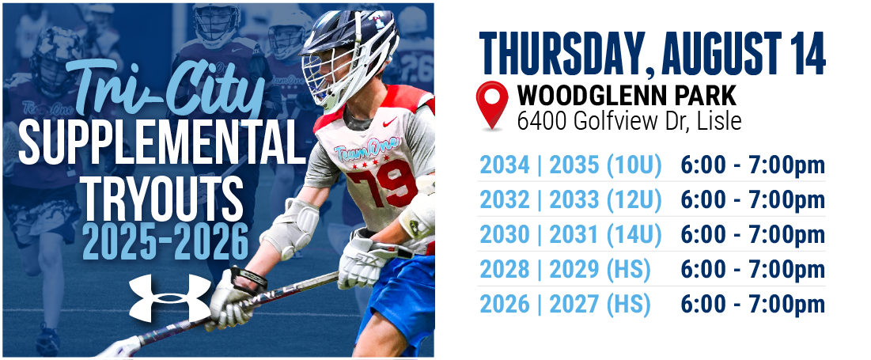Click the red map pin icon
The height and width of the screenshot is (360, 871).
[491, 104]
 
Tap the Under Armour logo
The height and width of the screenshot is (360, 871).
[170, 297]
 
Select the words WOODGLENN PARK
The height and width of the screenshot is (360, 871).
[627, 96]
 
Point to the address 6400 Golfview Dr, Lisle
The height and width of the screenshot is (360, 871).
[629, 120]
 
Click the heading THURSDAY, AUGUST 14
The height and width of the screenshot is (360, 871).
[652, 53]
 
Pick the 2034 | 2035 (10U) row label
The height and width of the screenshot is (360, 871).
[570, 165]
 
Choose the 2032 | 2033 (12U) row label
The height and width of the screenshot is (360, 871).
[570, 200]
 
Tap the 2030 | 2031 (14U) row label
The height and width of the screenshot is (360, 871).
[570, 235]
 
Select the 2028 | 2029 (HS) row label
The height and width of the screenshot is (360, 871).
[564, 270]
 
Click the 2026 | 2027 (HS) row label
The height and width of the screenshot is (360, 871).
[564, 305]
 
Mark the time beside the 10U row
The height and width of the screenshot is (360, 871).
[752, 165]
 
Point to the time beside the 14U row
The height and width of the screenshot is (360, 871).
[752, 235]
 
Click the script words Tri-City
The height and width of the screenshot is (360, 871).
[165, 89]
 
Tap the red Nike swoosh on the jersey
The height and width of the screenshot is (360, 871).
[391, 121]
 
